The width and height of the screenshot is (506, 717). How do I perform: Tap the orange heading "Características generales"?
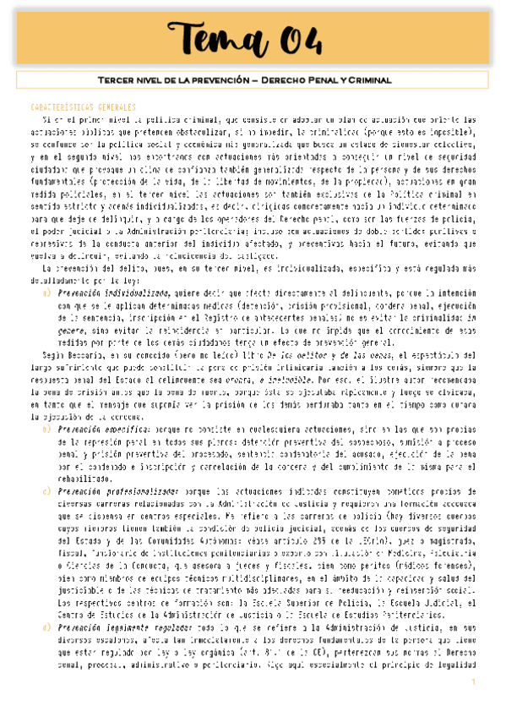pos(82,108)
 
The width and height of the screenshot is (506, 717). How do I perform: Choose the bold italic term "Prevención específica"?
pos(98,429)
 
